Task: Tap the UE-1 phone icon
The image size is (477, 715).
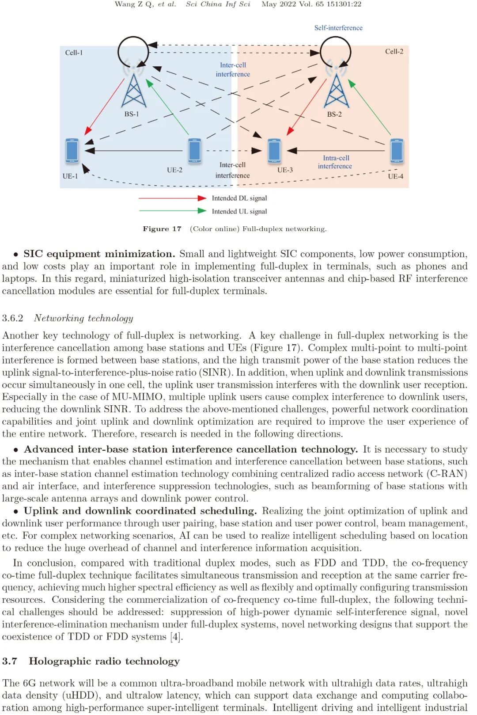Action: (x=72, y=151)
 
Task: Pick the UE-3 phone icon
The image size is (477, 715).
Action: (x=274, y=151)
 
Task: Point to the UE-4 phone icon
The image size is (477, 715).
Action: (x=396, y=151)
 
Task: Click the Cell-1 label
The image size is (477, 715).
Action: (x=74, y=53)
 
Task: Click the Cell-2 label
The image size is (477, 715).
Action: (x=394, y=51)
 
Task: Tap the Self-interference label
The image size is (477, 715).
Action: (x=338, y=28)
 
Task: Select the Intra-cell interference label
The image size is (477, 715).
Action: (x=335, y=162)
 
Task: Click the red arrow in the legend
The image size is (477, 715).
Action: (x=173, y=198)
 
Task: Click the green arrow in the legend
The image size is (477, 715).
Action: (x=173, y=211)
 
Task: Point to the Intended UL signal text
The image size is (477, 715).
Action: (x=239, y=211)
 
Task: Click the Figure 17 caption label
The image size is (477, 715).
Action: (x=162, y=229)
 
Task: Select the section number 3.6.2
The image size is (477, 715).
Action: (x=12, y=318)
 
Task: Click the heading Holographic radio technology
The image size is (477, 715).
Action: (x=104, y=661)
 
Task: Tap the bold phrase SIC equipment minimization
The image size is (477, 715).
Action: (x=99, y=254)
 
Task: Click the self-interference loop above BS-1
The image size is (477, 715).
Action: (x=133, y=52)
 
